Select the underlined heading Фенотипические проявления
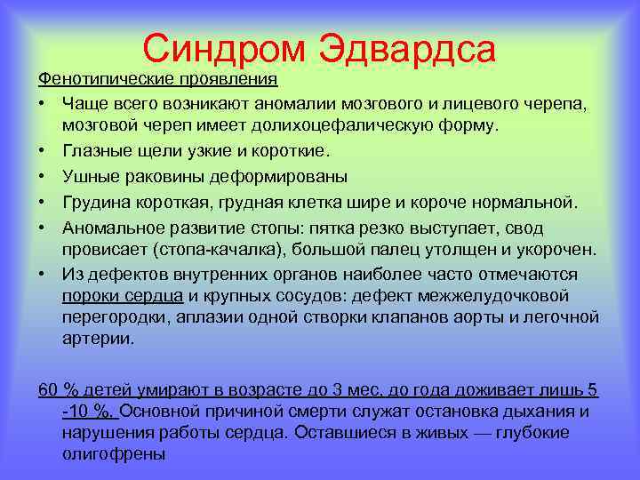pos(157,79)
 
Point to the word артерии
pos(98,340)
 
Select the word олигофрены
pos(114,453)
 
